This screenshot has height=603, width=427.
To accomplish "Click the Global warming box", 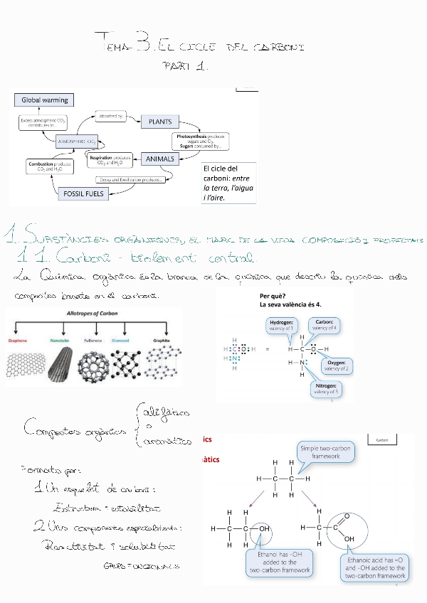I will coord(45,100).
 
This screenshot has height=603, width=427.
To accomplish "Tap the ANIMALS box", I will coord(160,159).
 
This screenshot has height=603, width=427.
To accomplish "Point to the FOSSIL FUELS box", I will coord(85,193).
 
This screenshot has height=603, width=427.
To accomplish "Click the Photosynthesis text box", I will coord(199,140).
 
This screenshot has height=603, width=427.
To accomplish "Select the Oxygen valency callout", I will coord(336,365).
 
